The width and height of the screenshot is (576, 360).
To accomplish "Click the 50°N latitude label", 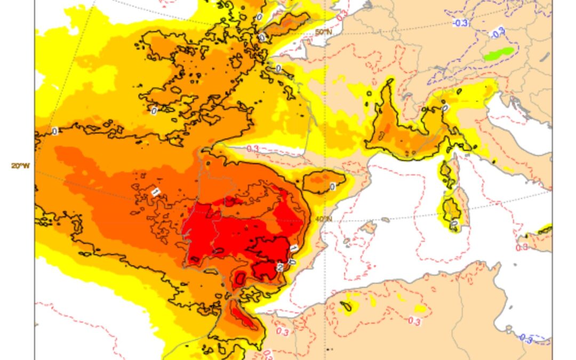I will pyautogui.click(x=323, y=33).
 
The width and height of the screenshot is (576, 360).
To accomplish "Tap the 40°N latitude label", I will pyautogui.click(x=324, y=219).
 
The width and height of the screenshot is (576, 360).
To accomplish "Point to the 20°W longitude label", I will pyautogui.click(x=21, y=166).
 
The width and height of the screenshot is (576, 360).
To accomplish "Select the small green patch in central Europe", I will pyautogui.click(x=499, y=53).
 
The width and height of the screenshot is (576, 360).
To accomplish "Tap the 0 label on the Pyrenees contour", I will pyautogui.click(x=332, y=187).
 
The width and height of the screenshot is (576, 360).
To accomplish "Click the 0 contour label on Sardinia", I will pyautogui.click(x=454, y=223).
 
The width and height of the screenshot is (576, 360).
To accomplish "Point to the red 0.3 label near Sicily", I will pyautogui.click(x=522, y=247).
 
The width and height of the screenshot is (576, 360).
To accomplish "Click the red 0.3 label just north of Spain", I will pyautogui.click(x=253, y=149).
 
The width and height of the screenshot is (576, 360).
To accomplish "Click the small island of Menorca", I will pyautogui.click(x=386, y=220).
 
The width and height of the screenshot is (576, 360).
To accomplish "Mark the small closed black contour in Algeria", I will pyautogui.click(x=346, y=307).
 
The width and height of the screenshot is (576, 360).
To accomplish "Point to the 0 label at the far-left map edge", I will pyautogui.click(x=54, y=131).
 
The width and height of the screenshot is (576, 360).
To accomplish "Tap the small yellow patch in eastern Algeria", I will pyautogui.click(x=420, y=308).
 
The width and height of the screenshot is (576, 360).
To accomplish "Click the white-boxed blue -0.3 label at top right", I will pyautogui.click(x=461, y=23).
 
